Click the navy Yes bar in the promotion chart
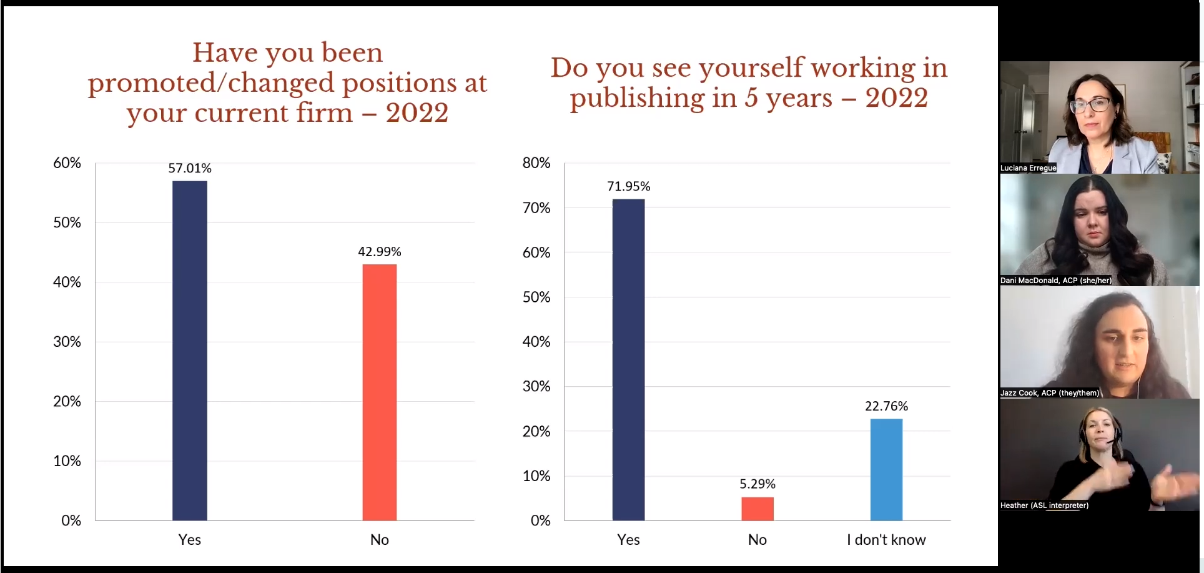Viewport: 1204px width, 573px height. point(190,351)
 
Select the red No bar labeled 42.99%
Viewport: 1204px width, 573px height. point(380,392)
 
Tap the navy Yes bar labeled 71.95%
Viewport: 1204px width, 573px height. point(628,360)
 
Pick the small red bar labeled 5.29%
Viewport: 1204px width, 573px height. point(757,509)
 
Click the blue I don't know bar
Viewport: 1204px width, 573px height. point(886,469)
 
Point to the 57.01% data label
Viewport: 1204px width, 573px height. point(190,168)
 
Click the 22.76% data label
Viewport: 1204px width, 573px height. point(886,406)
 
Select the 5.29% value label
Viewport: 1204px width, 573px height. point(757,484)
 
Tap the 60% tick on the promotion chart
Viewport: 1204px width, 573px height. point(67,163)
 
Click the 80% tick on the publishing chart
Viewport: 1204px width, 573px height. point(536,163)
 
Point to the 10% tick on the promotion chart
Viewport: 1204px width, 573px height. point(67,461)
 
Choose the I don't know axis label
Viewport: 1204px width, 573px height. point(886,540)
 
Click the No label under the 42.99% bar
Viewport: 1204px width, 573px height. point(380,540)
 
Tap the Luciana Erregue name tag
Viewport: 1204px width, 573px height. point(1028,168)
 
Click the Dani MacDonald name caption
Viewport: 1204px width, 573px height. point(1055,281)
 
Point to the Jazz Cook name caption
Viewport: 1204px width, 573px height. point(1049,393)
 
